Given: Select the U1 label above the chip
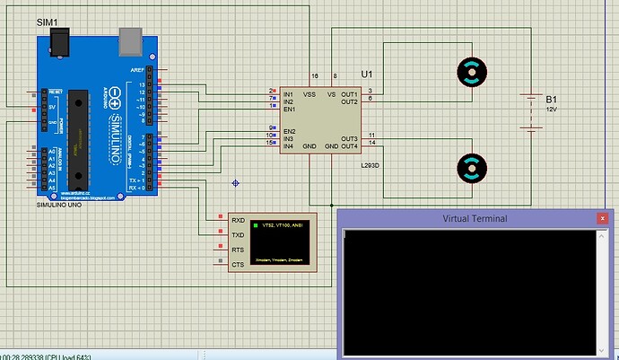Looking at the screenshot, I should point(366,73).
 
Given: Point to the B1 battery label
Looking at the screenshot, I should point(551,99).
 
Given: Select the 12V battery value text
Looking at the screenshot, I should point(552,109).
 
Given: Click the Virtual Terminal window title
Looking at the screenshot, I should point(475,218).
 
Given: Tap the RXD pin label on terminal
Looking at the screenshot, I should point(238,220).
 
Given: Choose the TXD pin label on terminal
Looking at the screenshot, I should point(238,234).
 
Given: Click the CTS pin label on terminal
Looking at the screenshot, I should point(238,264).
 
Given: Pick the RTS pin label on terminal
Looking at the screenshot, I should point(238,250).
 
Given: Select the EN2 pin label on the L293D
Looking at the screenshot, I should point(290,131).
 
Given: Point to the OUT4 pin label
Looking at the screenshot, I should point(350,146).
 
